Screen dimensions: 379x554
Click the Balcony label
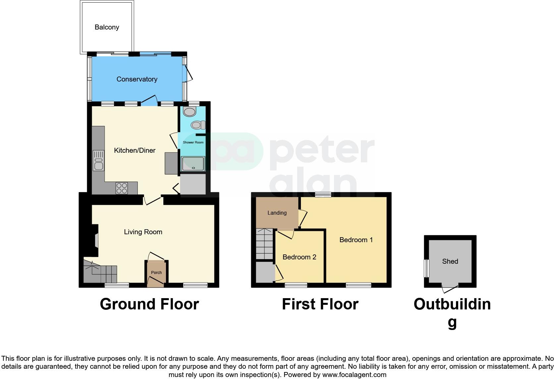point(107,27)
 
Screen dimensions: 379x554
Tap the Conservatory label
point(137,79)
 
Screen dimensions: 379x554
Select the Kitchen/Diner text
point(135,150)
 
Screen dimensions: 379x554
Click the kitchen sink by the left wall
point(99,161)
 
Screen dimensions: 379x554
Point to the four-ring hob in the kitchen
point(122,188)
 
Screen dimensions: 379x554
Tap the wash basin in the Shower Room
point(190,112)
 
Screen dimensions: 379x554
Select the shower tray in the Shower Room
point(193,164)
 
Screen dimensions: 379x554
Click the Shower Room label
point(193,142)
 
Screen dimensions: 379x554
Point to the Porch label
point(156,273)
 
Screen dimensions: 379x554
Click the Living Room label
point(143,232)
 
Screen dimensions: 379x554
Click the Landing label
point(277,213)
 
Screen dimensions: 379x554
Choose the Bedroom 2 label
point(299,257)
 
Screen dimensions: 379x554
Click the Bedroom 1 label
point(356,240)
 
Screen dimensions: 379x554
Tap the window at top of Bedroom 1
point(323,195)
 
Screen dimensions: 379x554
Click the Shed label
point(450,261)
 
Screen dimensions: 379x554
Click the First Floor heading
point(320,304)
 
